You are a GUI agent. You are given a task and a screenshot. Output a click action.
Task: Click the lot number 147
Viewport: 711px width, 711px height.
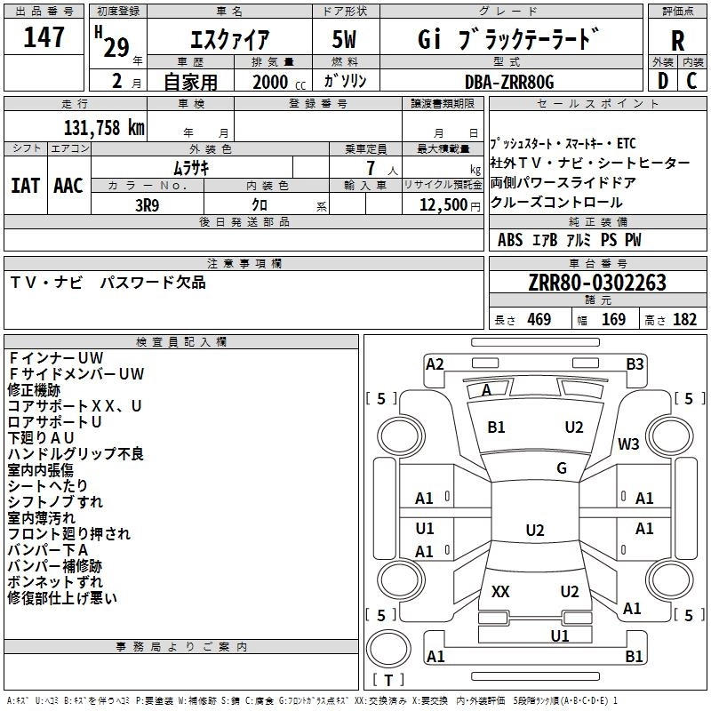pyautogui.click(x=44, y=37)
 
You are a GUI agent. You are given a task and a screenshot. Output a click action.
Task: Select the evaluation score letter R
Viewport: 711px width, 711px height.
pyautogui.click(x=678, y=41)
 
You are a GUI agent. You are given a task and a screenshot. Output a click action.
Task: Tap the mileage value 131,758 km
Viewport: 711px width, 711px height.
pyautogui.click(x=104, y=127)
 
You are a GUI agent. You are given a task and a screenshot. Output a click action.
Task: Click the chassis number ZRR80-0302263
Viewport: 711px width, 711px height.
pyautogui.click(x=596, y=283)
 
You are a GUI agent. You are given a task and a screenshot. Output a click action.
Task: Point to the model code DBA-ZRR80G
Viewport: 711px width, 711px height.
pyautogui.click(x=509, y=81)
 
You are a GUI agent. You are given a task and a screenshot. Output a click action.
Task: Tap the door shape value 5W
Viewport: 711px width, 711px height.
pyautogui.click(x=344, y=40)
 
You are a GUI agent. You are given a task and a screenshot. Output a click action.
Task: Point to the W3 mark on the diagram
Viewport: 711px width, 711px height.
pyautogui.click(x=629, y=443)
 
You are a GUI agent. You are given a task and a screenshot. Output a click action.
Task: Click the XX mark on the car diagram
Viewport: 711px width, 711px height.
pyautogui.click(x=500, y=592)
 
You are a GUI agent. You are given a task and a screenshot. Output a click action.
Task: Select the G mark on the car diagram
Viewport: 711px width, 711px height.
pyautogui.click(x=562, y=468)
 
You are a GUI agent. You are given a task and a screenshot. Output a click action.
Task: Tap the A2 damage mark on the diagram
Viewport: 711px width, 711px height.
pyautogui.click(x=435, y=363)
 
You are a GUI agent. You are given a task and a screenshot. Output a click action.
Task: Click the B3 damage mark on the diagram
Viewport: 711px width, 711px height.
pyautogui.click(x=635, y=363)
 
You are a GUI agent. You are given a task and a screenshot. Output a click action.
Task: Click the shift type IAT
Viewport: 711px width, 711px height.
pyautogui.click(x=25, y=186)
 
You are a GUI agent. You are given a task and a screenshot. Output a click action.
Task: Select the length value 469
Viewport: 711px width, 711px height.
pyautogui.click(x=538, y=320)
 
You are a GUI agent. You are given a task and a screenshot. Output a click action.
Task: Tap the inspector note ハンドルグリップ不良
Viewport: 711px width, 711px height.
pyautogui.click(x=76, y=454)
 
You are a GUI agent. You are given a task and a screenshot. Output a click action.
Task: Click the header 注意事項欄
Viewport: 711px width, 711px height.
pyautogui.click(x=244, y=264)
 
